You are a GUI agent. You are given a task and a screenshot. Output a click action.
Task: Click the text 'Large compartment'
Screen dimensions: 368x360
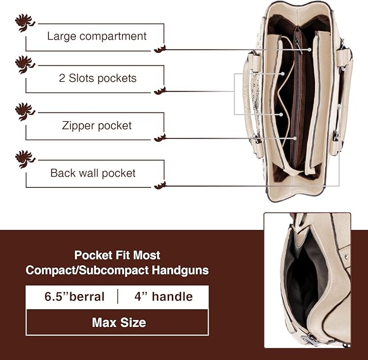96,36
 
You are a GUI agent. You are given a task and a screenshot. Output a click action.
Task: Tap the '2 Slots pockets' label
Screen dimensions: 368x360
98,78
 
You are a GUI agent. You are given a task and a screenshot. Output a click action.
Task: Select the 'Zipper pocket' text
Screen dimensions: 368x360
96,126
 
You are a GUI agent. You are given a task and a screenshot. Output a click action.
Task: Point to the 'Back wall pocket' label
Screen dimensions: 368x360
93,173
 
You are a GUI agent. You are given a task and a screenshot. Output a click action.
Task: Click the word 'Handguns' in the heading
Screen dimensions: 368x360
180,270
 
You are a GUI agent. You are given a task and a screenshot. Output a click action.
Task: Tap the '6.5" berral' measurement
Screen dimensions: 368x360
74,297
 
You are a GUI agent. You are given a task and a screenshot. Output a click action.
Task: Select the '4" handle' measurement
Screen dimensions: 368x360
164,297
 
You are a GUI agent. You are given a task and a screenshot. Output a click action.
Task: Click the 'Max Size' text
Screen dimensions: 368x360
119,323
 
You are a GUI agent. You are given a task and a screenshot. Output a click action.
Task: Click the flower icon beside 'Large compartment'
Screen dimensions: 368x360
25,23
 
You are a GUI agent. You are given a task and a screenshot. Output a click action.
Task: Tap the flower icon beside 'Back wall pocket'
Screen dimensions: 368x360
25,159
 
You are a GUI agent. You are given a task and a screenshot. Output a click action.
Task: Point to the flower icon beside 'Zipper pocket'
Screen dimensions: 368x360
25,112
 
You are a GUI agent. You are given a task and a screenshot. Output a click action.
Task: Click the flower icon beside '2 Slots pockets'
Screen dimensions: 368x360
25,64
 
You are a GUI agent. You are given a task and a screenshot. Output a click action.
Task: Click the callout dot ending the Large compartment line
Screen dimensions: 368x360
310,50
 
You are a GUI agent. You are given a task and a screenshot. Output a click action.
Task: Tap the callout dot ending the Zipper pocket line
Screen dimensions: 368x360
295,139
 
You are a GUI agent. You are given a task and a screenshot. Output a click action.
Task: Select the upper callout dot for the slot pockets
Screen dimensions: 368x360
283,74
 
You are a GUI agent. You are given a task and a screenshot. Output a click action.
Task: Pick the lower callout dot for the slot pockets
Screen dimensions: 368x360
281,115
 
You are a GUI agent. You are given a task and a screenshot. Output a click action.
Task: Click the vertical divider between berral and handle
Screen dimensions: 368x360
118,297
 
